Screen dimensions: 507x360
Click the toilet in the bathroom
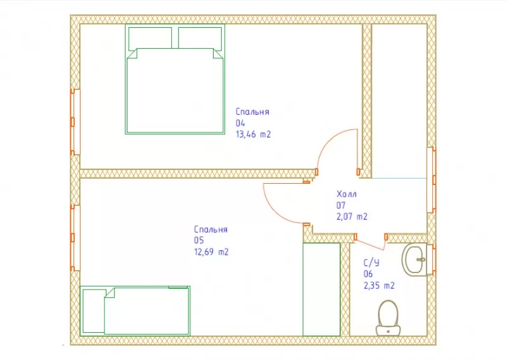click(x=388, y=318)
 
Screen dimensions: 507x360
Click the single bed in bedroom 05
click(x=135, y=311)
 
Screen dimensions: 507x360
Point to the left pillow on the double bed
click(x=150, y=39)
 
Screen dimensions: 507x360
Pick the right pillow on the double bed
click(x=200, y=39)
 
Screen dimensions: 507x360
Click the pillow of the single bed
click(x=94, y=311)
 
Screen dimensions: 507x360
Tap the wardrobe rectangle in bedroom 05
click(x=321, y=290)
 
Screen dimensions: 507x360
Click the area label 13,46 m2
click(x=253, y=134)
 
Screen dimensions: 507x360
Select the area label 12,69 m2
click(x=211, y=252)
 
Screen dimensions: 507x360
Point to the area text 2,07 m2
click(x=352, y=216)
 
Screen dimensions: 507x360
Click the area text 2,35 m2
click(x=379, y=286)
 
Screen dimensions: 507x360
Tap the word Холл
click(x=347, y=194)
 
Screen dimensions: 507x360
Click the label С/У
click(x=371, y=262)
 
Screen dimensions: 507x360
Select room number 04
click(x=240, y=123)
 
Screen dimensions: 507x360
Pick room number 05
click(x=199, y=240)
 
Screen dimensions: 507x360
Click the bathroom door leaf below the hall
click(x=371, y=245)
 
